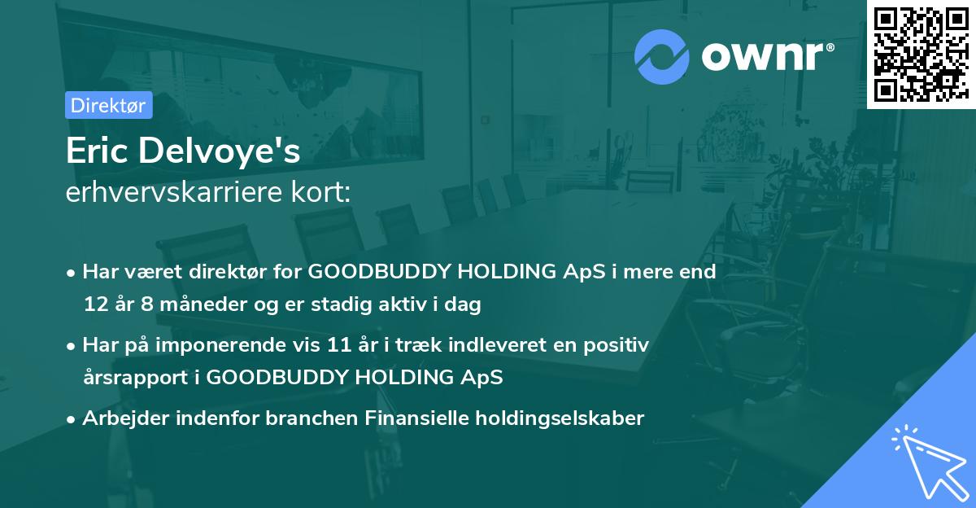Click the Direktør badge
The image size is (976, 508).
coord(108,105)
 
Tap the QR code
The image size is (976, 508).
coord(921,54)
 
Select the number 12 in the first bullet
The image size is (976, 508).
coord(94,305)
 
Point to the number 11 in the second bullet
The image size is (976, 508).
coord(340,344)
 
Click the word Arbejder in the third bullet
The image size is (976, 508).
coord(120,418)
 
